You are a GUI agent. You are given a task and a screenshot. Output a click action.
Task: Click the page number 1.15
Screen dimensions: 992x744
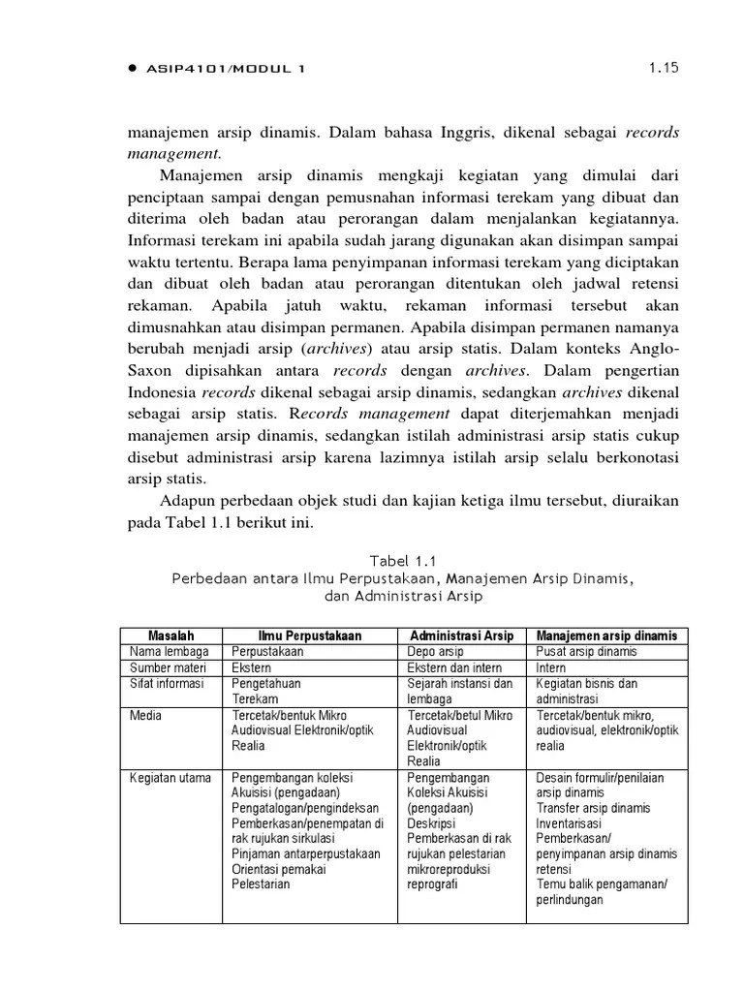click(x=663, y=68)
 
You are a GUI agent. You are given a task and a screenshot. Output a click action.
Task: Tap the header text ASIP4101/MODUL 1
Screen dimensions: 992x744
click(x=227, y=69)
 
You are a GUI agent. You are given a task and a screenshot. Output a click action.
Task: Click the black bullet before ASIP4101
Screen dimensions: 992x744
click(x=133, y=69)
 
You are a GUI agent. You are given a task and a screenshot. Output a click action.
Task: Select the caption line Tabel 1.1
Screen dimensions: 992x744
click(x=403, y=560)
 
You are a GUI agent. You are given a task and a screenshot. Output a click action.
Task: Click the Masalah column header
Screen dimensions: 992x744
click(x=170, y=635)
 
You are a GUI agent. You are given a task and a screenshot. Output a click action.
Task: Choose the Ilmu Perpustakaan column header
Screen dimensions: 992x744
click(x=310, y=635)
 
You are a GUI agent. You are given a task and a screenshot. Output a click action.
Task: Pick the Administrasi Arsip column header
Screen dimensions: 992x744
click(x=462, y=635)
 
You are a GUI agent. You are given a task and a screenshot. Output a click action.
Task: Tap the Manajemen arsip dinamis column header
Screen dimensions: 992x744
click(x=606, y=635)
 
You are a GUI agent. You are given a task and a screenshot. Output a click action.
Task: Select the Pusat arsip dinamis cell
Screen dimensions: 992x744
click(x=587, y=652)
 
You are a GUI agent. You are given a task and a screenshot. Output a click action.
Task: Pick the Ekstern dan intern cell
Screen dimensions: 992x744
click(x=453, y=667)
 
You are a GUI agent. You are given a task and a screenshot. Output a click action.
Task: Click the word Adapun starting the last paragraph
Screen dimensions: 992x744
click(x=187, y=501)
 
